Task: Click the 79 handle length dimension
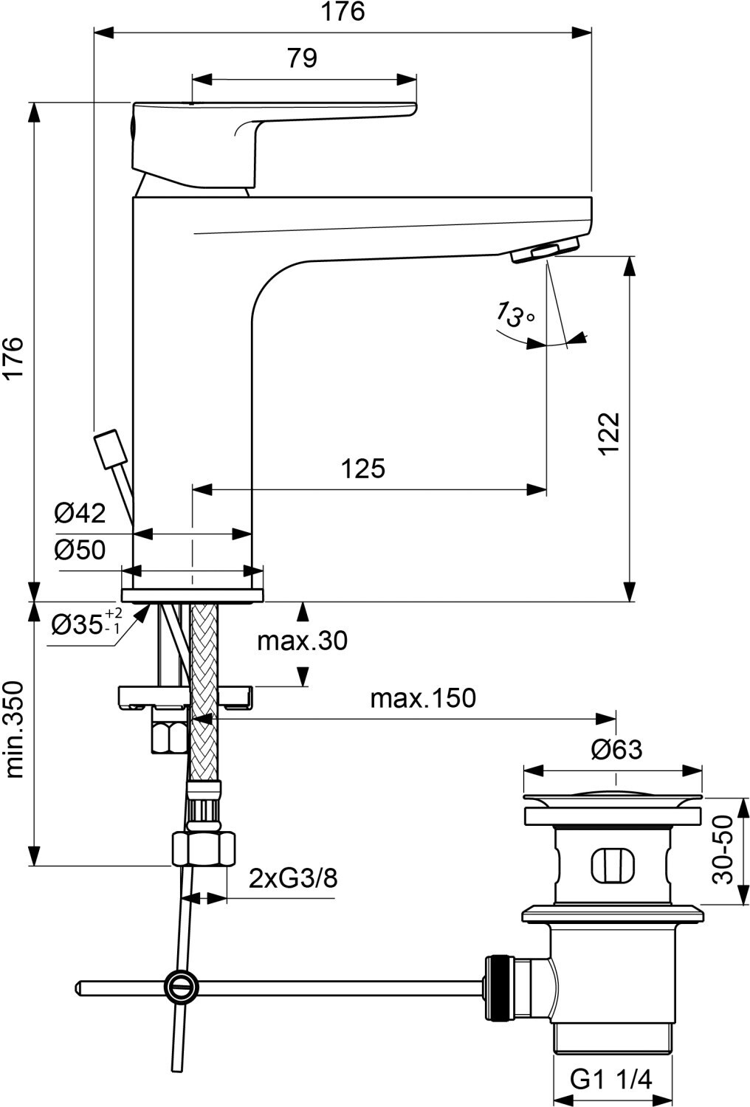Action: [303, 58]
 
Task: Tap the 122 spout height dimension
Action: [609, 433]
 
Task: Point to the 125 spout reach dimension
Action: [363, 468]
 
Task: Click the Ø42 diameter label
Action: [80, 512]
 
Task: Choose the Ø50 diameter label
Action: [80, 549]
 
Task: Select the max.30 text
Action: [302, 641]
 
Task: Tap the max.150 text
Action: [423, 697]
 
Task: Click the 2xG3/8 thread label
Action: [293, 878]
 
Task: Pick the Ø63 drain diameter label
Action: [616, 750]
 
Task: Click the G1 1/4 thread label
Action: [612, 1080]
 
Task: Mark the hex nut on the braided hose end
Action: [204, 849]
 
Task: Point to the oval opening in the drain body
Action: [612, 864]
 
